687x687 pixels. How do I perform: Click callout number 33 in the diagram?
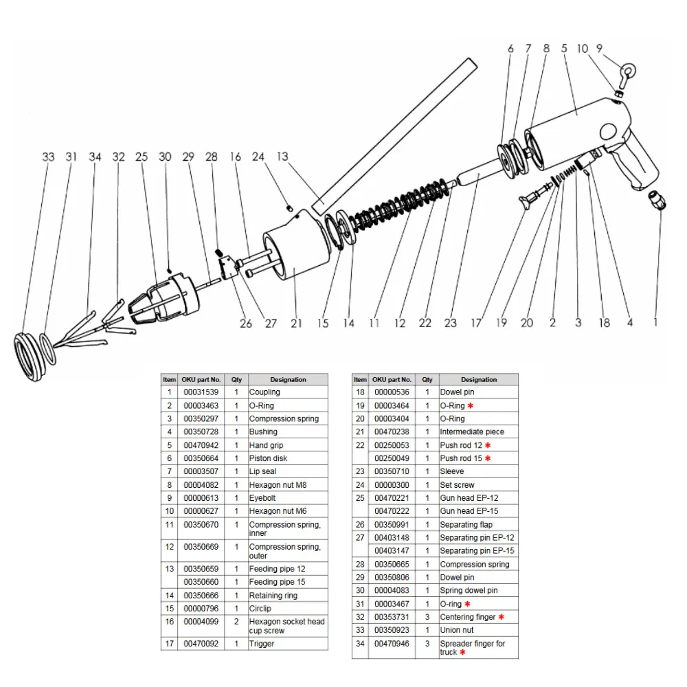pyautogui.click(x=48, y=157)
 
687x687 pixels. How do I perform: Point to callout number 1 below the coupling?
pyautogui.click(x=655, y=322)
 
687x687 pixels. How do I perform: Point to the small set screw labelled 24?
pyautogui.click(x=290, y=207)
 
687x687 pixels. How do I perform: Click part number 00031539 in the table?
pyautogui.click(x=201, y=392)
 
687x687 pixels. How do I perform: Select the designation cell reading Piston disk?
pyautogui.click(x=269, y=458)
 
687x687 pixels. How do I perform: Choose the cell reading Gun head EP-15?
pyautogui.click(x=469, y=511)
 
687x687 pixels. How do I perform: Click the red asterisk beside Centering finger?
pyautogui.click(x=502, y=617)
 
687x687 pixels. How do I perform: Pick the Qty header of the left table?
pyautogui.click(x=236, y=379)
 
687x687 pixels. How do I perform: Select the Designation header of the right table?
pyautogui.click(x=479, y=379)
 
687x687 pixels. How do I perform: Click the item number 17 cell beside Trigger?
pyautogui.click(x=169, y=644)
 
